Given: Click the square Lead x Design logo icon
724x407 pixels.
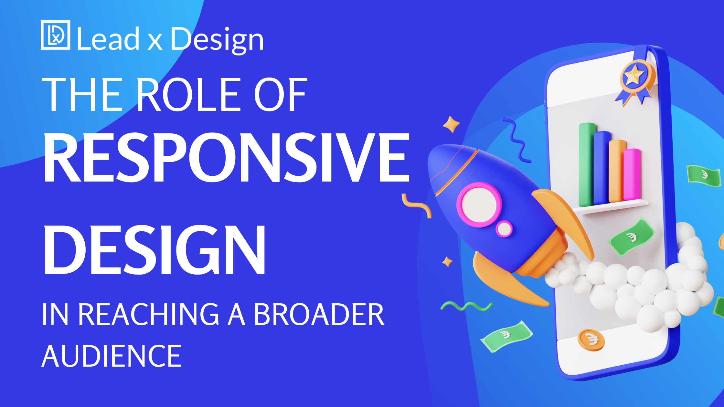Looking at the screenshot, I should [55, 35].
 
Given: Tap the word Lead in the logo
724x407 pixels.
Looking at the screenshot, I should [108, 39].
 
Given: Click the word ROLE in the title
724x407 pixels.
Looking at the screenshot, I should [189, 94].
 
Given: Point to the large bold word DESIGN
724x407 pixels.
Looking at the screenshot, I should [154, 250].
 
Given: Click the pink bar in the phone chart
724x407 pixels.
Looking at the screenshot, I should [632, 174].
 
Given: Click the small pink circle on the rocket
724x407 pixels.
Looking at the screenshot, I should [504, 229].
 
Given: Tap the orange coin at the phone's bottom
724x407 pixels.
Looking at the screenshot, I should [591, 340].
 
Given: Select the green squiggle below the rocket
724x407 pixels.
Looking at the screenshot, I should [466, 306].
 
